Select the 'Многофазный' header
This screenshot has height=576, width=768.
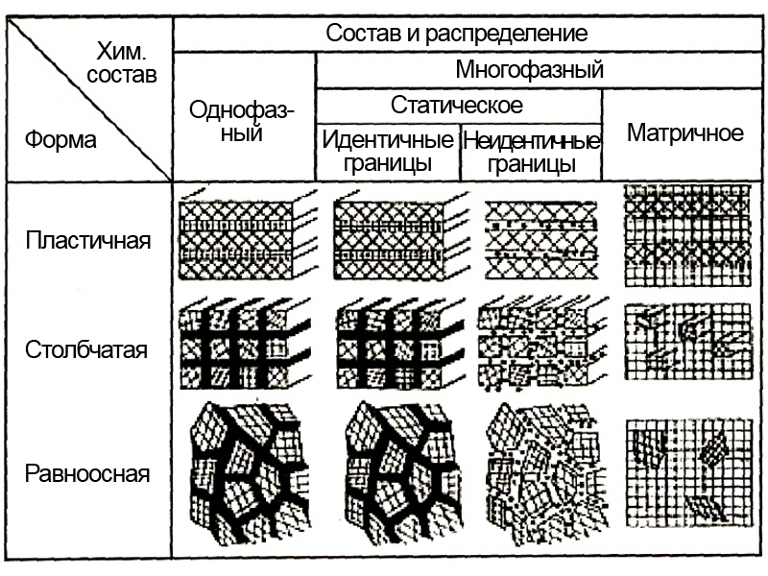(529, 70)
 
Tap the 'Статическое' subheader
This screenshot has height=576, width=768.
(456, 104)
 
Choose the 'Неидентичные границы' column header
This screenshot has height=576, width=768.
(531, 152)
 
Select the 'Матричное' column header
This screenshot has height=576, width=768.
(684, 132)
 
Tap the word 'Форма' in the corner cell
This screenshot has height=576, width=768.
(60, 140)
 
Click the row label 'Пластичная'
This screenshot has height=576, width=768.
(87, 239)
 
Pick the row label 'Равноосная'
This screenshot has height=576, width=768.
(87, 473)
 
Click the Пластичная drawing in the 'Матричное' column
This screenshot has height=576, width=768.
(684, 235)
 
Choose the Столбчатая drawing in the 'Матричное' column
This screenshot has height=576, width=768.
(684, 346)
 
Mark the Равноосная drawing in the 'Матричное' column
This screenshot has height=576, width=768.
(684, 470)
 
